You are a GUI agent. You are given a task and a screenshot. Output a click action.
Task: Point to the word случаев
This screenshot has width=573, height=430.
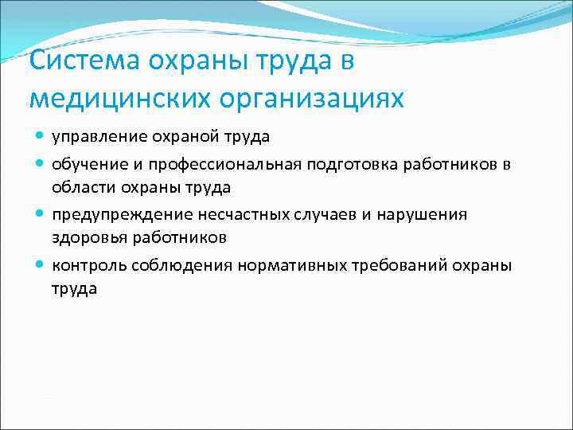point(315,214)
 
